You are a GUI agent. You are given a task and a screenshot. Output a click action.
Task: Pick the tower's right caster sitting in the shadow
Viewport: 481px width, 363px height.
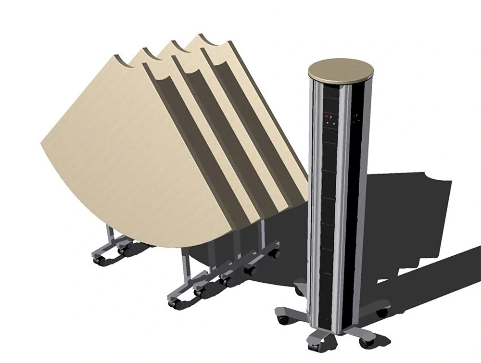382,313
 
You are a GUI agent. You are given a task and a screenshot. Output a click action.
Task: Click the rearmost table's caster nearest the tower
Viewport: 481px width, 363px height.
275,253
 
